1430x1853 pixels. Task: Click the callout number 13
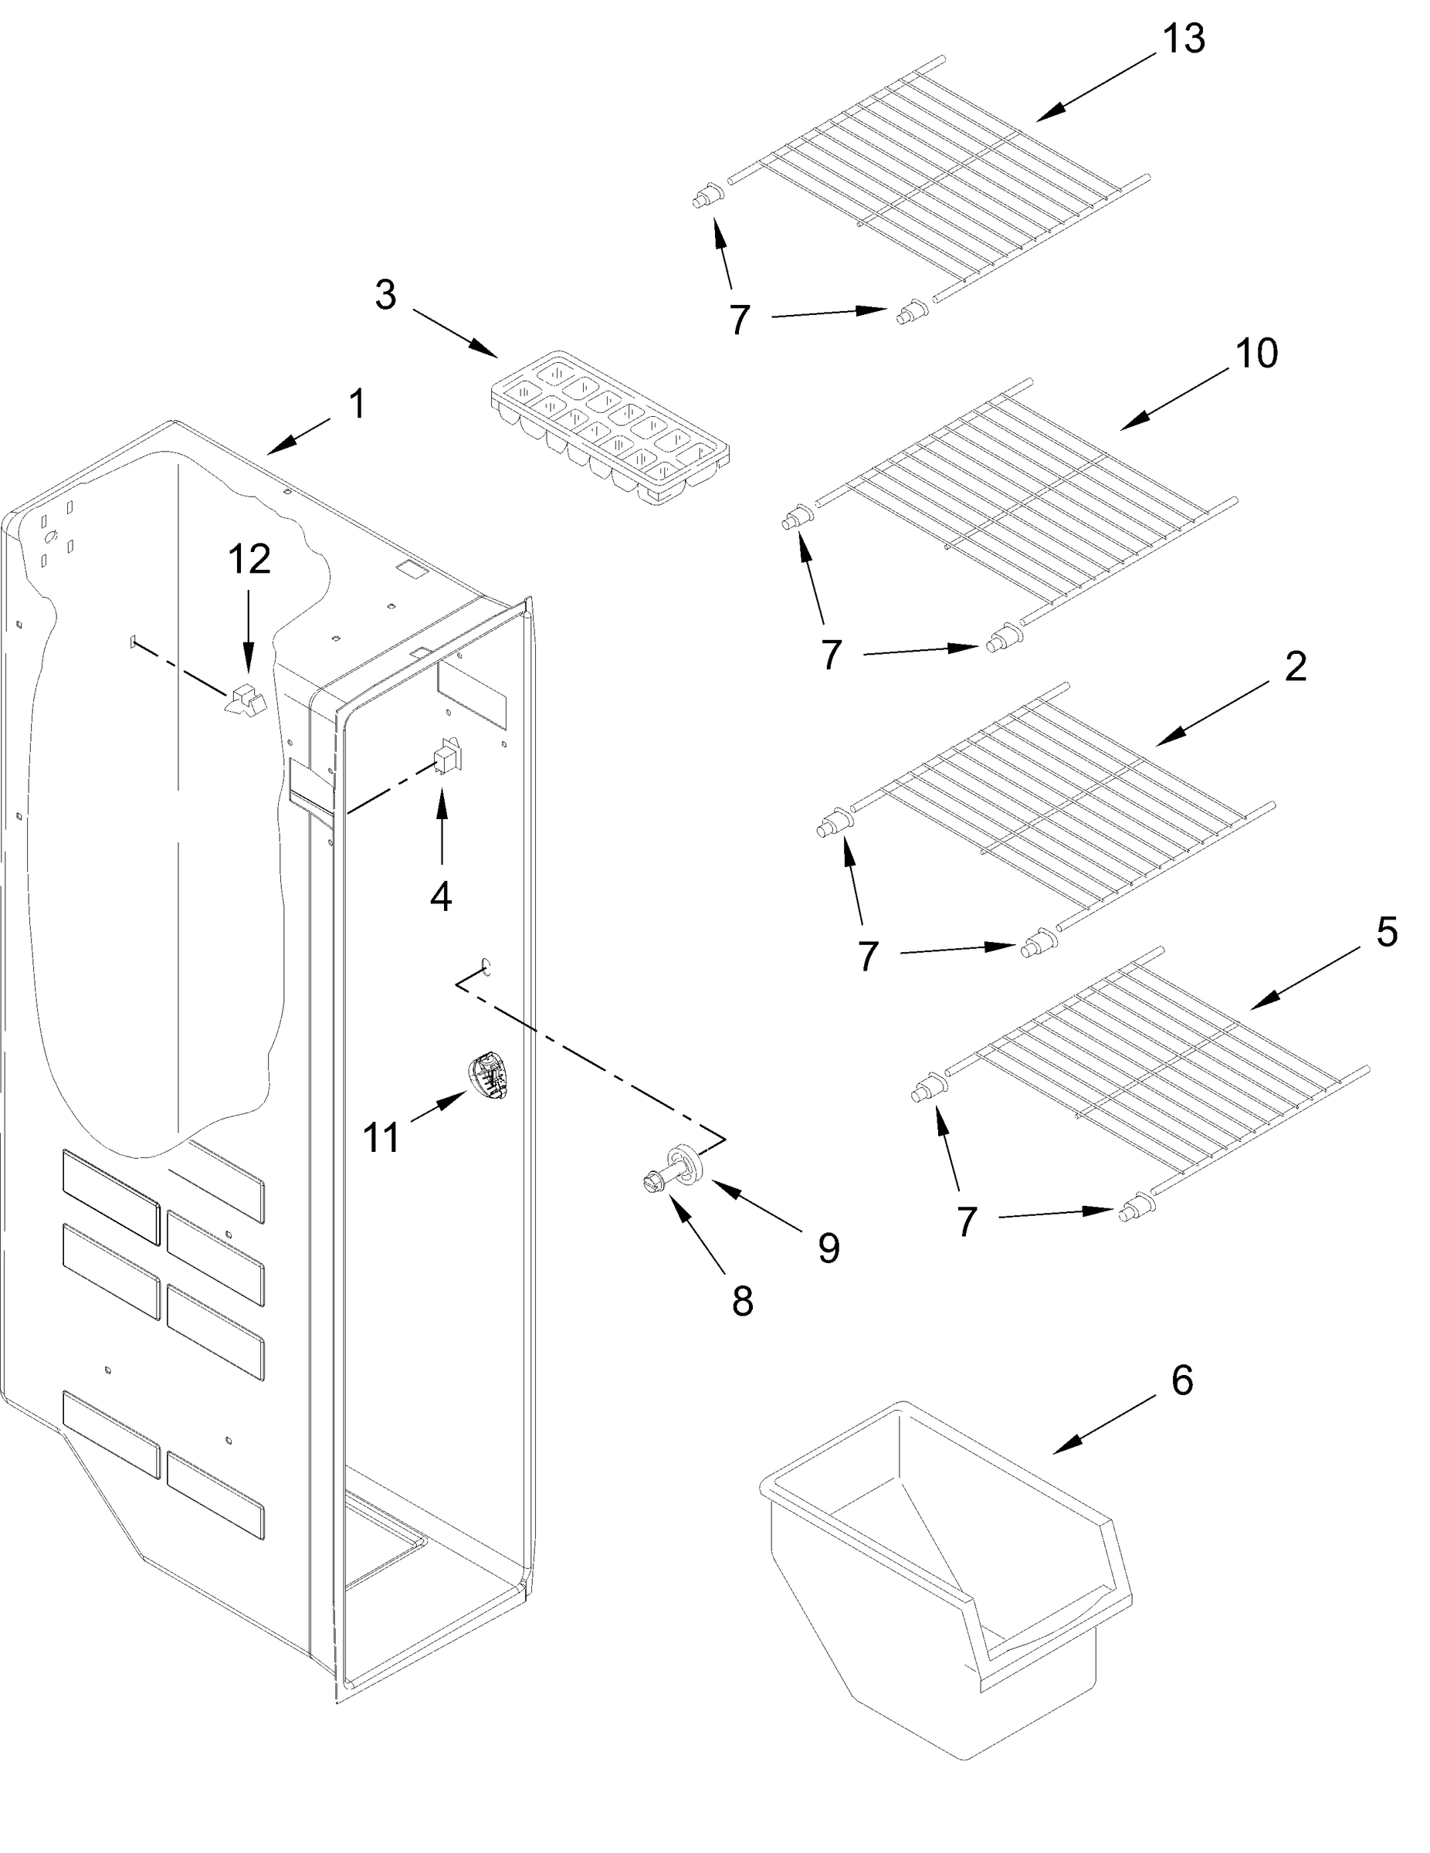coord(1183,40)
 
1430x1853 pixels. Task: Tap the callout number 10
coord(1255,353)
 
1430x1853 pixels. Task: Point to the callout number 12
coord(249,559)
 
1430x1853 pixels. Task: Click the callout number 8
coord(743,1301)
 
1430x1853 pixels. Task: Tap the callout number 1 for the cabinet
coord(357,404)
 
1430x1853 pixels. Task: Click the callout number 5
coord(1386,933)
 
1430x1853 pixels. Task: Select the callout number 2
coord(1295,667)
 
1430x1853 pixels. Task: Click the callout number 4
coord(440,897)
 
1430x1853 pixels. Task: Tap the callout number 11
coord(381,1138)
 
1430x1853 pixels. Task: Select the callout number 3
coord(385,294)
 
